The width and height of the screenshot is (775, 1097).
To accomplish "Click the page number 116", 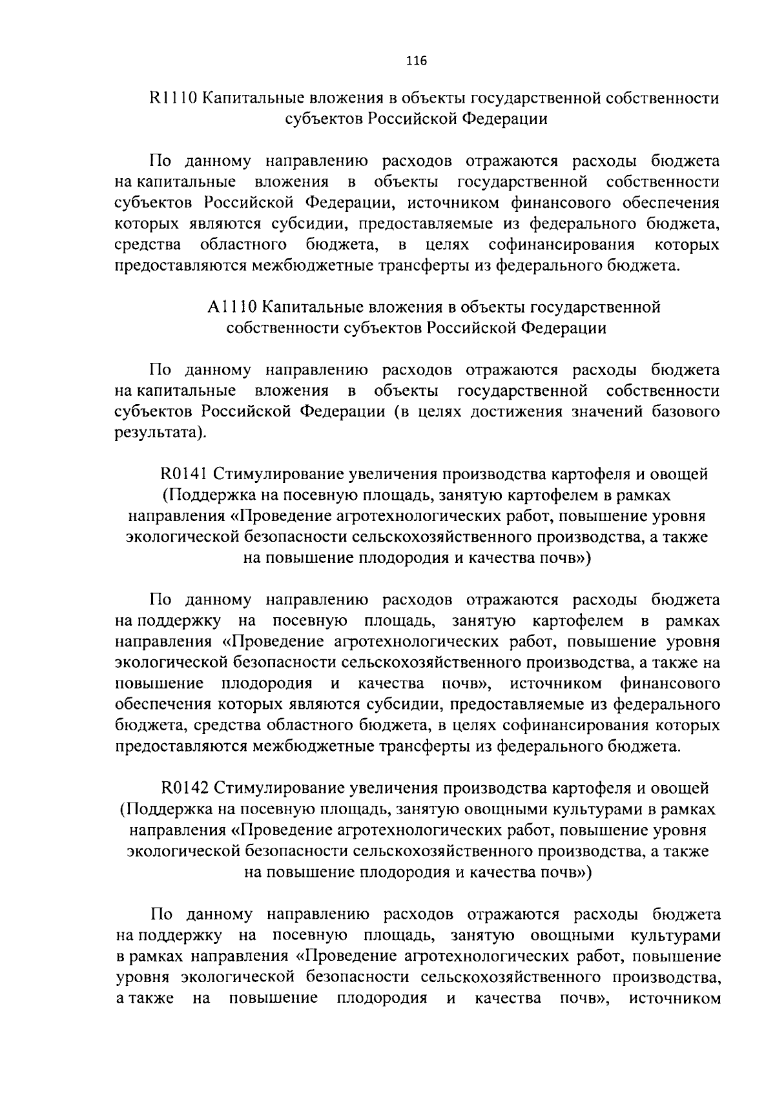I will (x=417, y=61).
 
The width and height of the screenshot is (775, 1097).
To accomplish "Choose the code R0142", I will (x=184, y=788).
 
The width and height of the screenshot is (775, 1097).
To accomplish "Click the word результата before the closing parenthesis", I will (x=156, y=433).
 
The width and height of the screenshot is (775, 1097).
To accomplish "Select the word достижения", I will (x=514, y=411).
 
